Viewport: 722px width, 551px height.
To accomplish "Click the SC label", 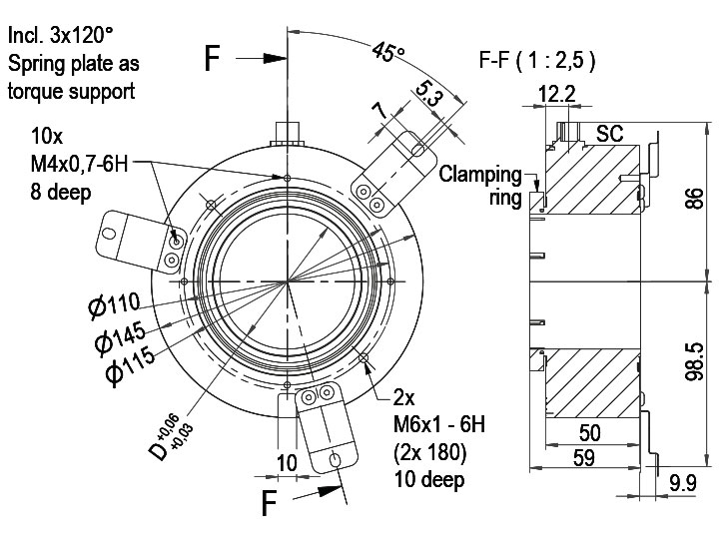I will click(609, 134).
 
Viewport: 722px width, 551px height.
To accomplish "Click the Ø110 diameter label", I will click(116, 304).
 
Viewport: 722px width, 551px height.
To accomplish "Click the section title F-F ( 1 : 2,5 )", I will click(537, 59).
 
